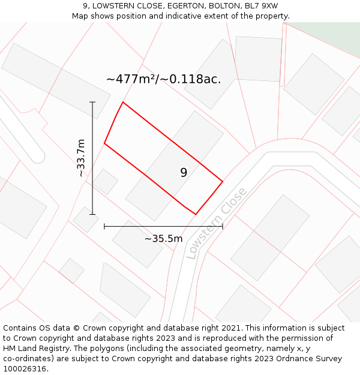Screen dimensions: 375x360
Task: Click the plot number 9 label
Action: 184,173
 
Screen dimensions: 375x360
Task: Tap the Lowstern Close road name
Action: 217,223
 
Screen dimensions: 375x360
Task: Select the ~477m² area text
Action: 131,79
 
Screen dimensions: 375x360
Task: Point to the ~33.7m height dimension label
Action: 81,158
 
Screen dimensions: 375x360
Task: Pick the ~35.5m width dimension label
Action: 163,239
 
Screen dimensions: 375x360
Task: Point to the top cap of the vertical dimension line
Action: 92,103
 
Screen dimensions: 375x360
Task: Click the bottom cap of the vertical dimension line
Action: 92,214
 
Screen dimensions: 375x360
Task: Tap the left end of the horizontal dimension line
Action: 104,226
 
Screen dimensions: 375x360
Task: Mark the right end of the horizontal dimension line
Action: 223,226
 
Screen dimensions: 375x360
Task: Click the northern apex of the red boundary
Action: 123,103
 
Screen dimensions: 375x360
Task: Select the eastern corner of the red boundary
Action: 223,181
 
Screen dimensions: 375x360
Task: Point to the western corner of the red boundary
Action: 104,143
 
